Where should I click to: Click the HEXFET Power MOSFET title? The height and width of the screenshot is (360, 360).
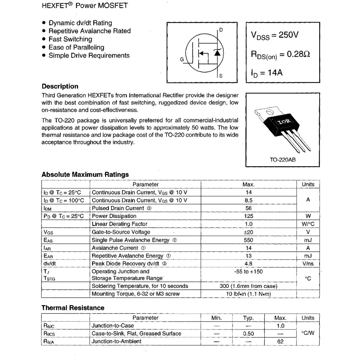click(x=85, y=6)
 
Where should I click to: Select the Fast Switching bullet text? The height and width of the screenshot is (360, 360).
click(x=70, y=39)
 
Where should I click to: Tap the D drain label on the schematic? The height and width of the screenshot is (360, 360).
click(x=221, y=30)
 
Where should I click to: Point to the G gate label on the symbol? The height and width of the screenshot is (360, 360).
click(x=182, y=59)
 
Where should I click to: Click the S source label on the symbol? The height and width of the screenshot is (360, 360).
click(x=220, y=76)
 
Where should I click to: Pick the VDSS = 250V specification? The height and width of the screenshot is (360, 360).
click(x=275, y=35)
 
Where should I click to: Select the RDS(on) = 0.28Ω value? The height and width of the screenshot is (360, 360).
click(x=281, y=55)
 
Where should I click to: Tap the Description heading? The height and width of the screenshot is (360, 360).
click(x=60, y=86)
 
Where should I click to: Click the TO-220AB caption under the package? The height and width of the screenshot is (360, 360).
click(x=282, y=160)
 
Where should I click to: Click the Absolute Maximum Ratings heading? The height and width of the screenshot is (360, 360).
click(x=85, y=174)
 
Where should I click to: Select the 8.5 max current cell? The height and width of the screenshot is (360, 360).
click(x=249, y=200)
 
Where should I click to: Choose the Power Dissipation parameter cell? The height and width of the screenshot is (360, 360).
click(x=114, y=216)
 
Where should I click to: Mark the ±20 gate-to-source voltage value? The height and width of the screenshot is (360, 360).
click(x=249, y=232)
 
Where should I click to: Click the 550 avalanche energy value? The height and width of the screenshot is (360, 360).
click(x=249, y=240)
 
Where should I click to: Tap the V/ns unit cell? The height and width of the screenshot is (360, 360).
click(x=308, y=263)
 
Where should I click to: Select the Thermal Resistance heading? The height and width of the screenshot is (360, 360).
click(x=73, y=308)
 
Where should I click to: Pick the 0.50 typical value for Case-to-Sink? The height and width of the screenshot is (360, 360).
click(x=249, y=334)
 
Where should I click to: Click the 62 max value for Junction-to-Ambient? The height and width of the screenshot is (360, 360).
click(x=280, y=341)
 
